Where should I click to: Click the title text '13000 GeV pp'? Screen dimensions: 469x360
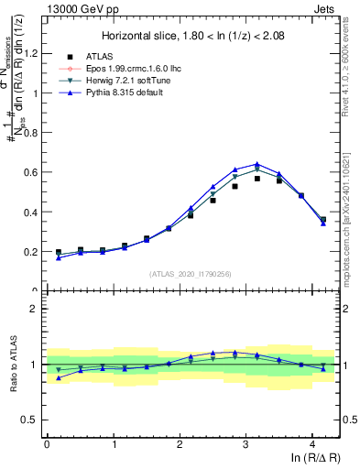tap(75, 8)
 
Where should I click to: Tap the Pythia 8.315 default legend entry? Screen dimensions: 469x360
tap(132, 93)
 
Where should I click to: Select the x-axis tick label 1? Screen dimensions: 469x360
tap(113, 444)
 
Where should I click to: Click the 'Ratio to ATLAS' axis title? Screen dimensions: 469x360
tap(13, 365)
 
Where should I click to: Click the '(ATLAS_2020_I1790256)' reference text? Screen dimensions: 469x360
tap(191, 273)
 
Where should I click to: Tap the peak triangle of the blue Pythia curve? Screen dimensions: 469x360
tap(257, 164)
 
